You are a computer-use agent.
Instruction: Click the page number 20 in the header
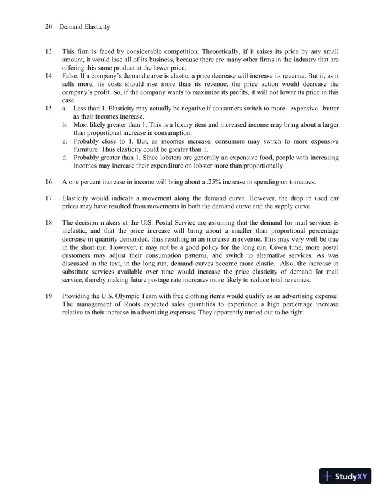click(49, 27)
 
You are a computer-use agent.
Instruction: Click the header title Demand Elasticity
click(84, 27)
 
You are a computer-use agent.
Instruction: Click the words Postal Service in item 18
click(169, 223)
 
